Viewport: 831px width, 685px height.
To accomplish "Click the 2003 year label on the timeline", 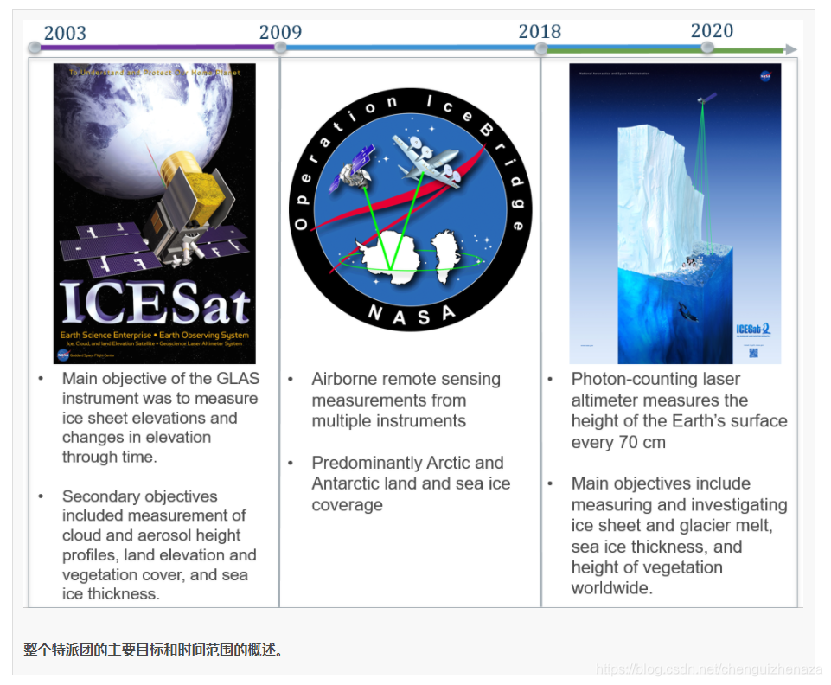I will [65, 33].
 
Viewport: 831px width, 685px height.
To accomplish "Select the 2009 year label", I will [280, 32].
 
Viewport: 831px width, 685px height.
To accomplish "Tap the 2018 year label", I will [540, 31].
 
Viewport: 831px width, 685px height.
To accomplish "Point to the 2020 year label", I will [712, 30].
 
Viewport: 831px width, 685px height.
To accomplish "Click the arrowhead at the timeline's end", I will [790, 50].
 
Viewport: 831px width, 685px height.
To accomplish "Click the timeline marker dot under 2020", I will [707, 48].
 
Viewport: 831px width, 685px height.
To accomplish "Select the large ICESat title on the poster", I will [155, 303].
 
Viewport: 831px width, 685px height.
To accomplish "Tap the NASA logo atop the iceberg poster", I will [765, 76].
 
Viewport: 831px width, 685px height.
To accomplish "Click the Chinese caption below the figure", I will [153, 649].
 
